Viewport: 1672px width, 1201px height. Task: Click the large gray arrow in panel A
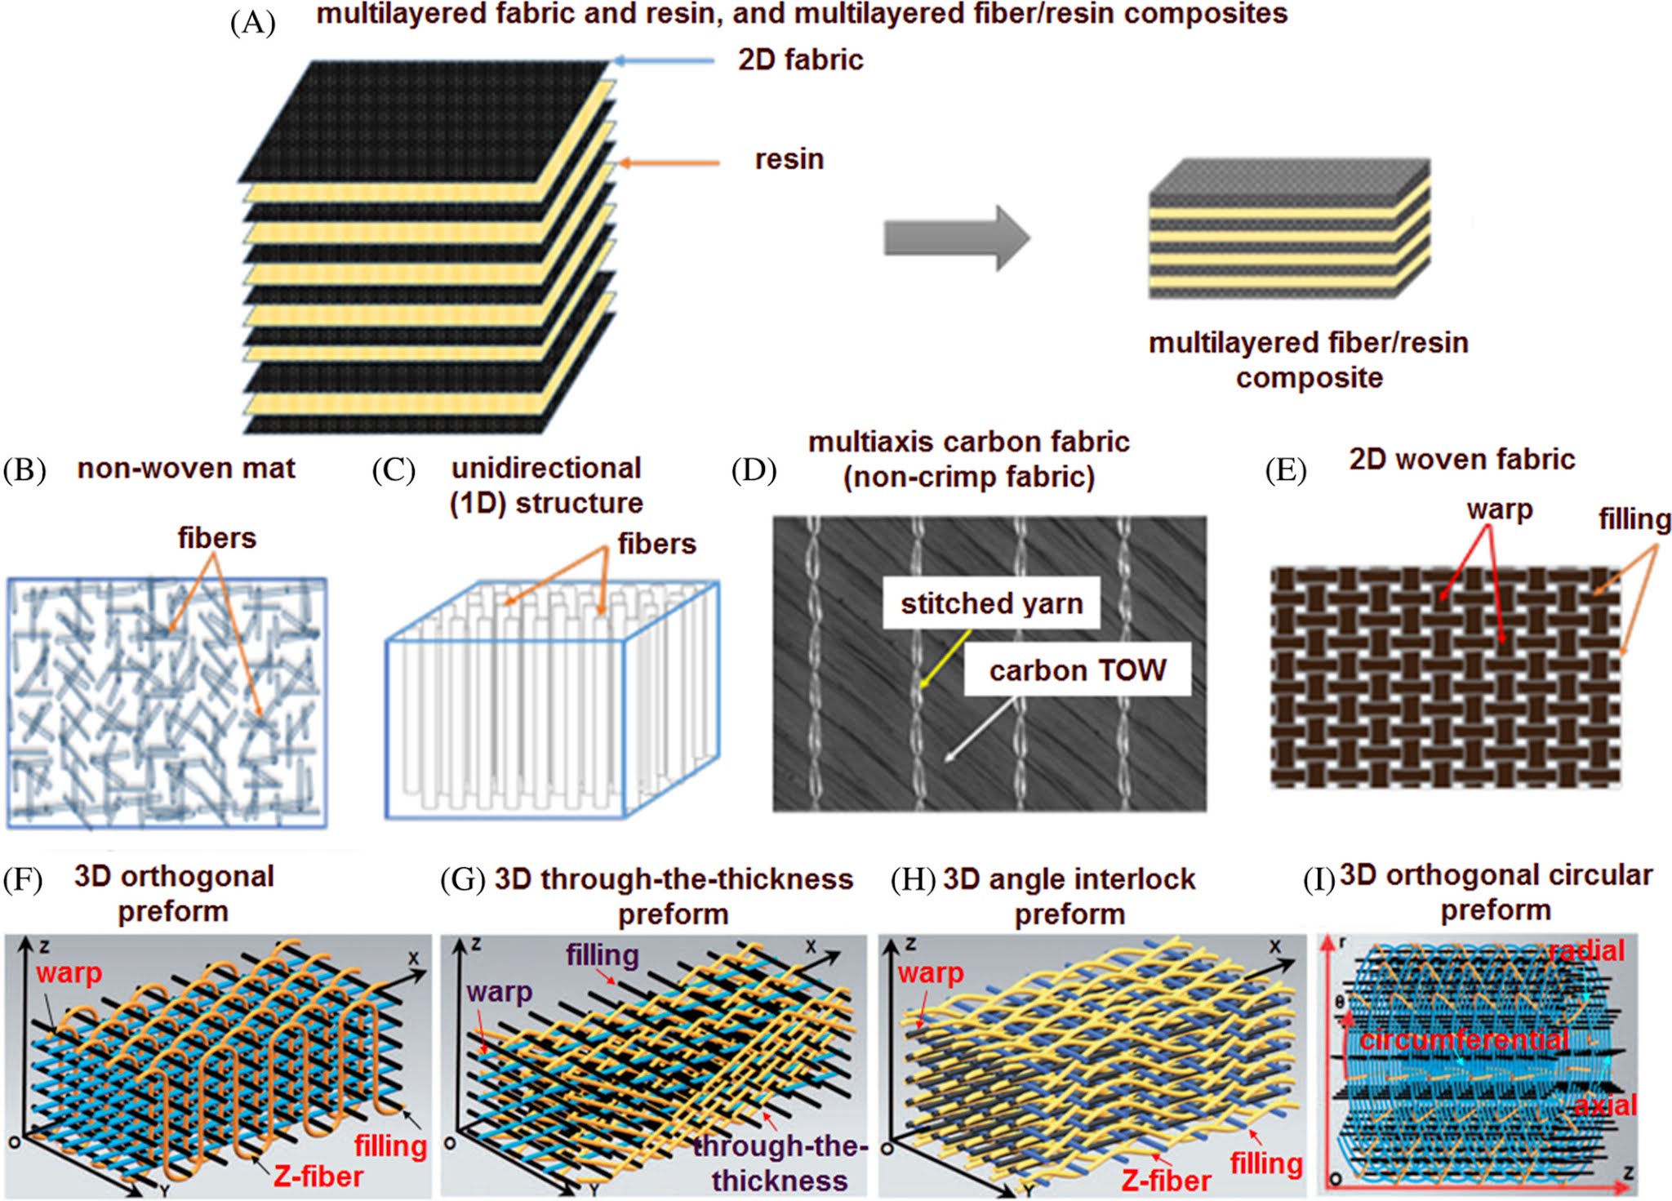tap(956, 238)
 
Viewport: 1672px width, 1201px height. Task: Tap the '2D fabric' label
tap(800, 60)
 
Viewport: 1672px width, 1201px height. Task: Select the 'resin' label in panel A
tap(789, 159)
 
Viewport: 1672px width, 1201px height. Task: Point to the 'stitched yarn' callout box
tap(991, 603)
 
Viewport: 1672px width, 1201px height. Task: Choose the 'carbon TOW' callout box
tap(1077, 670)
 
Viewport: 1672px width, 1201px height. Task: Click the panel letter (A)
tap(253, 23)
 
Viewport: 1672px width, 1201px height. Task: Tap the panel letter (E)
tap(1285, 470)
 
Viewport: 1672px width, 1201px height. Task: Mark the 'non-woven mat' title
tap(186, 469)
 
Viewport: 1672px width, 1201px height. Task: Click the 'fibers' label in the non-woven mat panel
tap(217, 538)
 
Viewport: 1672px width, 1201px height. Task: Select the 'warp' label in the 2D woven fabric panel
tap(1499, 509)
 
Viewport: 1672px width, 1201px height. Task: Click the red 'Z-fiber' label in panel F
tap(318, 1177)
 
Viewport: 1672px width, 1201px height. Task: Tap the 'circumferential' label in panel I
tap(1464, 1040)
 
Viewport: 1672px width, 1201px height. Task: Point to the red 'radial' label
tap(1587, 950)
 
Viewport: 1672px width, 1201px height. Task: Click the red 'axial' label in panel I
tap(1605, 1105)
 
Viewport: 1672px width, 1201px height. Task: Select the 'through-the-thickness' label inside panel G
tap(779, 1163)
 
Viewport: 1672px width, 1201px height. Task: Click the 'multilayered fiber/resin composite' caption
tap(1308, 360)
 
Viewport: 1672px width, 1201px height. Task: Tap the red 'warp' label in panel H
tap(931, 973)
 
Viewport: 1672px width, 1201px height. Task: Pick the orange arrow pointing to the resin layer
tap(669, 163)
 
